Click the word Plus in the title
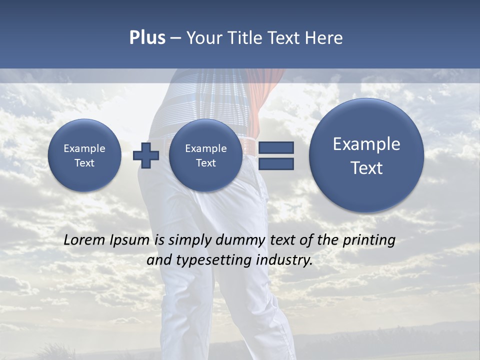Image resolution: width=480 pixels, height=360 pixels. [x=147, y=38]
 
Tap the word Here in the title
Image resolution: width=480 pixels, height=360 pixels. [x=324, y=38]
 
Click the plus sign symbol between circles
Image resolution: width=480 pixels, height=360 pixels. [x=145, y=155]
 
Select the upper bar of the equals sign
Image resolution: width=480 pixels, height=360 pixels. [x=276, y=147]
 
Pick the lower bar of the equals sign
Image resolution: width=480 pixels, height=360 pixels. [x=276, y=163]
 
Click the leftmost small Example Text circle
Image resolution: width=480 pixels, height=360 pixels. [x=84, y=155]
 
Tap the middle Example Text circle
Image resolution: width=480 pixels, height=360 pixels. [x=205, y=155]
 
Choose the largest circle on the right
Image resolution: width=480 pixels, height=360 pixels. [x=366, y=155]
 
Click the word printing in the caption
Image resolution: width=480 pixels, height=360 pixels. [x=368, y=240]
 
